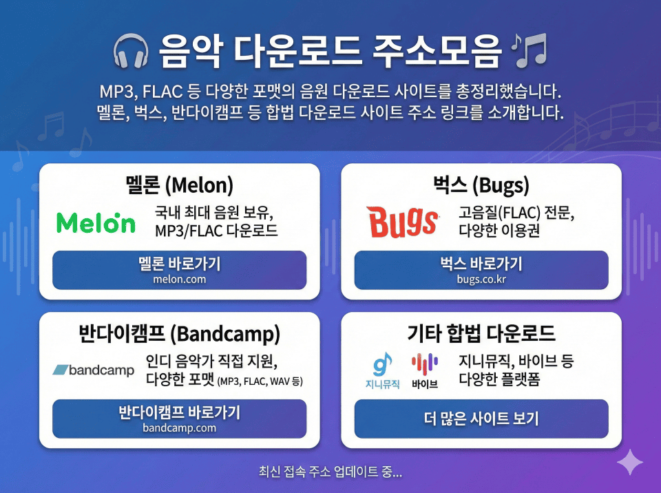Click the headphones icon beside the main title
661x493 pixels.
[131, 51]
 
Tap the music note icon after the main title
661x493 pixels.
[529, 50]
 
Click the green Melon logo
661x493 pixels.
[96, 222]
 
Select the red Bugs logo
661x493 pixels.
[402, 222]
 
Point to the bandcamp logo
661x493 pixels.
[93, 370]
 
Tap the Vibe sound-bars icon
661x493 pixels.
[425, 364]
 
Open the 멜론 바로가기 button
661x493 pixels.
[180, 270]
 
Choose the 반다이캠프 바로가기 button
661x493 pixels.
[180, 419]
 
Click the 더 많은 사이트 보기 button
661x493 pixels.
[481, 419]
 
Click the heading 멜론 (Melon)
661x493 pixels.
[180, 185]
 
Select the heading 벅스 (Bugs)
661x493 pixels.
[481, 185]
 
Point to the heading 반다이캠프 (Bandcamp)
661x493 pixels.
[180, 333]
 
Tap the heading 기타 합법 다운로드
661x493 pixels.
[481, 333]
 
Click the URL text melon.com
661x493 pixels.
[180, 279]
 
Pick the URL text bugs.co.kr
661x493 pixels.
[481, 279]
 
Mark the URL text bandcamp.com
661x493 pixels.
[180, 428]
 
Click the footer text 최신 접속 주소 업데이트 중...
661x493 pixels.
[330, 472]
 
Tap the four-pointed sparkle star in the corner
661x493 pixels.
[630, 462]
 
